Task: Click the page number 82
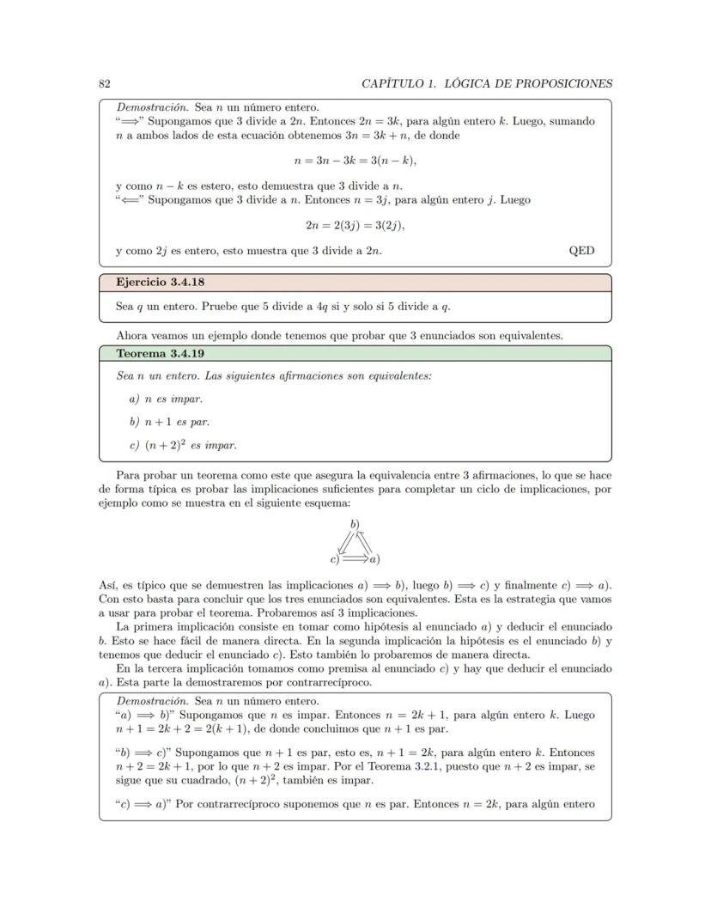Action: (x=104, y=83)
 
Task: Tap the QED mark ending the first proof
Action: (x=581, y=251)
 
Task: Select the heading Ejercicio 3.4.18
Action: (x=160, y=282)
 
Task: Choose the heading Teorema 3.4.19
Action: (x=160, y=353)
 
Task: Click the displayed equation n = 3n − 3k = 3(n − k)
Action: (x=355, y=160)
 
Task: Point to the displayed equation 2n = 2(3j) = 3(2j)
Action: (x=355, y=225)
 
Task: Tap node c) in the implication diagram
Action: (x=334, y=560)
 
